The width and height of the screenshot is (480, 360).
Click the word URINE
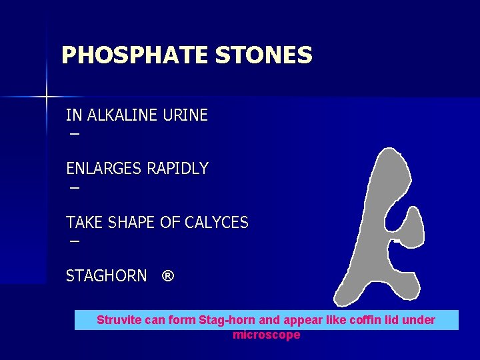(x=185, y=115)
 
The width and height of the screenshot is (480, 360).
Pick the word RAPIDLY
(x=177, y=169)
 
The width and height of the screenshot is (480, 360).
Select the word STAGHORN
(x=106, y=275)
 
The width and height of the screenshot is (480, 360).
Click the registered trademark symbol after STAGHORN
(x=168, y=276)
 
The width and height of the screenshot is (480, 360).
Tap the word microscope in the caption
(x=266, y=335)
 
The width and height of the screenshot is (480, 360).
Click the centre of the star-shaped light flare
(x=47, y=97)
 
